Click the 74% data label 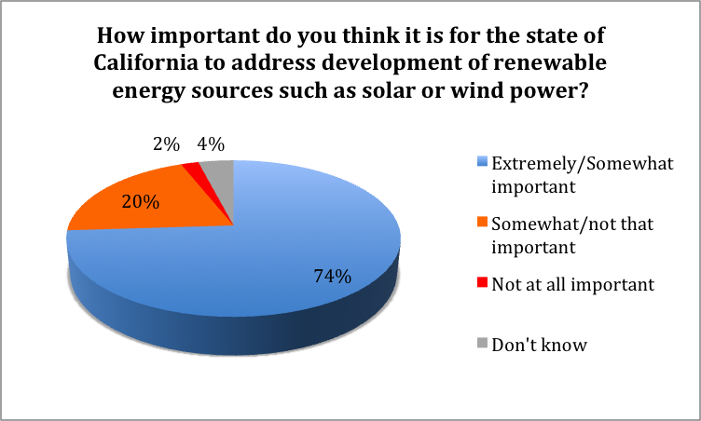click(x=332, y=277)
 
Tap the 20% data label click(x=141, y=202)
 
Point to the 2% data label click(x=166, y=144)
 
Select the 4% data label click(x=211, y=144)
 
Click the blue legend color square click(x=482, y=161)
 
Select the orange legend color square click(x=482, y=222)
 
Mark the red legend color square click(x=482, y=282)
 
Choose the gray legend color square click(x=482, y=343)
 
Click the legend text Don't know click(x=539, y=345)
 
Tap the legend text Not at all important click(x=573, y=284)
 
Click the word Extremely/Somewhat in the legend click(x=583, y=164)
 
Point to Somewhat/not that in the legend click(x=572, y=224)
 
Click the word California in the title click(x=145, y=62)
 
